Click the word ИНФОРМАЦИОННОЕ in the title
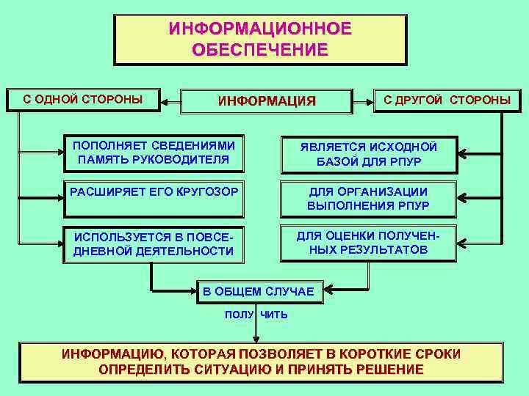260,29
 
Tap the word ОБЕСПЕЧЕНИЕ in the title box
260,50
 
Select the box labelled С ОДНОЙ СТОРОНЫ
83,100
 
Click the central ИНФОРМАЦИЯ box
267,100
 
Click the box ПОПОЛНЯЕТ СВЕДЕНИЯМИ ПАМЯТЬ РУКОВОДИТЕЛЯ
154,152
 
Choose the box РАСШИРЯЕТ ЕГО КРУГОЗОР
154,198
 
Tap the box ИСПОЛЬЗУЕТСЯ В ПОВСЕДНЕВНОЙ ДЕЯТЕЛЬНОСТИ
154,244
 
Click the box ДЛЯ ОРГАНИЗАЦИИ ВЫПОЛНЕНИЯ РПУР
368,199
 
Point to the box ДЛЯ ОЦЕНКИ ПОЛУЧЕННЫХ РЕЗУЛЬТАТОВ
368,243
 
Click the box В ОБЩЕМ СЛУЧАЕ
259,292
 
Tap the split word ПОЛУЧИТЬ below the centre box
256,315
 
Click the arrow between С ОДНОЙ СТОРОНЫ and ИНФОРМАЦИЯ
170,100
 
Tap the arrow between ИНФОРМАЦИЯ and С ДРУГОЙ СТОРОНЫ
363,100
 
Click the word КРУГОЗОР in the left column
206,191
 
